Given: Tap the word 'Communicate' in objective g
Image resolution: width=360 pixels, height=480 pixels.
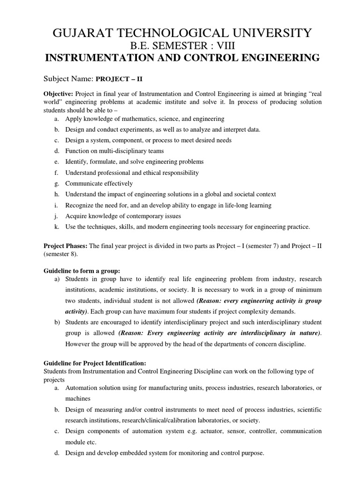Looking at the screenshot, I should pos(84,183).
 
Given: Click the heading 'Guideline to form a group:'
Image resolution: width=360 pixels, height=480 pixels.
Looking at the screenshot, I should pos(82,270).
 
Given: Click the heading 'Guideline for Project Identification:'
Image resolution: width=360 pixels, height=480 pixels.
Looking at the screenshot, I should pos(95,363).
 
